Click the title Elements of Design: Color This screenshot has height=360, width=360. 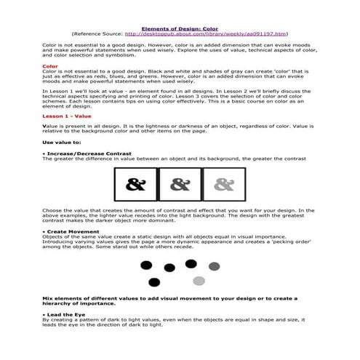[178, 28]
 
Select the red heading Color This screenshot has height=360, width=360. [49, 66]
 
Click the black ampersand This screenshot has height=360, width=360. [135, 185]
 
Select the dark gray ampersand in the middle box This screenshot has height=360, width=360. [180, 185]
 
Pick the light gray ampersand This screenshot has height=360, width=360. [223, 185]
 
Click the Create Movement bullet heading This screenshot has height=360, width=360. [73, 231]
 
